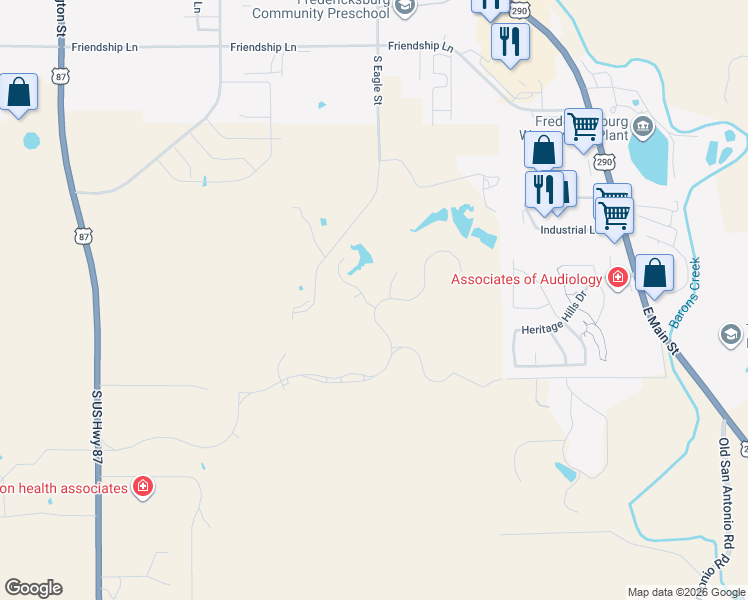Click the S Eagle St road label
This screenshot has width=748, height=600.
point(378,79)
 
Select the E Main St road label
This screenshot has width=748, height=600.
point(661,329)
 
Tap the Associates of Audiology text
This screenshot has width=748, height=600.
point(526,279)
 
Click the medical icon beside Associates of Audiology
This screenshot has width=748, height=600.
point(618,277)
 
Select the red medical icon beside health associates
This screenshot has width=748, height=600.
point(143,487)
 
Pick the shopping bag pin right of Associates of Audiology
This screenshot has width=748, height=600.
point(654,273)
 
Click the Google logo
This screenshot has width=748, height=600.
point(33,588)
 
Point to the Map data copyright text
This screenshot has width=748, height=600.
point(686,592)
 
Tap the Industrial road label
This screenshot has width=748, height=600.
point(566,230)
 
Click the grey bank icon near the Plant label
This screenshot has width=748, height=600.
point(642,127)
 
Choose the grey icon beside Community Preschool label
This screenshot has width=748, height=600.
point(404,8)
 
